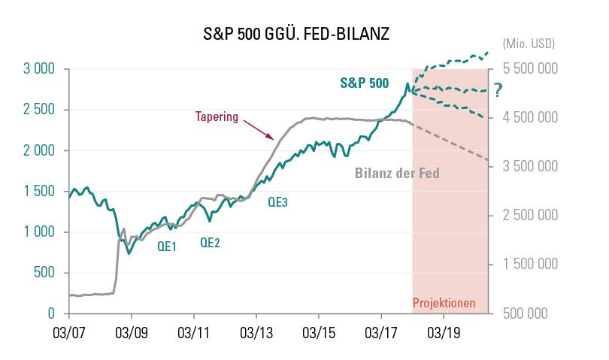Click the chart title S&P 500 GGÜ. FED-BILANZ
(x=296, y=34)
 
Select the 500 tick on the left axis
(x=44, y=273)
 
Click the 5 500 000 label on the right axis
(x=526, y=69)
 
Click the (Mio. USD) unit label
(x=528, y=44)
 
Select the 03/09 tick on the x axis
(x=131, y=331)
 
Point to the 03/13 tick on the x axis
(x=256, y=331)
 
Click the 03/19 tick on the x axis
(x=443, y=331)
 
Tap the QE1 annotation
(x=167, y=246)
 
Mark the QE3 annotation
(x=278, y=201)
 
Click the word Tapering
(x=217, y=117)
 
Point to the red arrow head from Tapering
(x=272, y=138)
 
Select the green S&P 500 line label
(x=365, y=83)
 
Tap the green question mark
(x=498, y=91)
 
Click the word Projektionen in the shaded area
(x=444, y=304)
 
